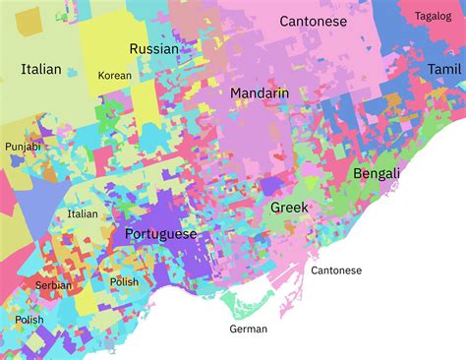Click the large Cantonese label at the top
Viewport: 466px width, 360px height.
pyautogui.click(x=313, y=21)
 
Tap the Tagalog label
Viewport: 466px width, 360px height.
pyautogui.click(x=433, y=16)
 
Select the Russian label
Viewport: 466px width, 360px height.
pyautogui.click(x=154, y=48)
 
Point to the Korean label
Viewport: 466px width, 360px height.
pyautogui.click(x=114, y=75)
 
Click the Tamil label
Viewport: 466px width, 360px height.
pyautogui.click(x=443, y=69)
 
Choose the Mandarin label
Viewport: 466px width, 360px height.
pyautogui.click(x=260, y=92)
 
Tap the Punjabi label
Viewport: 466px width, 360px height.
pyautogui.click(x=23, y=147)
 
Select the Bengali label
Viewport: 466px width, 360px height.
pyautogui.click(x=377, y=173)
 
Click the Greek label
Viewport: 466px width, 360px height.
pyautogui.click(x=289, y=208)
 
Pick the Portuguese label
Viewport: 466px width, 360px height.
pyautogui.click(x=160, y=234)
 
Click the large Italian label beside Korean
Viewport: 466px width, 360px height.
pyautogui.click(x=40, y=69)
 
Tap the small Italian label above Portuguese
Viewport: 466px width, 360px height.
pyautogui.click(x=83, y=213)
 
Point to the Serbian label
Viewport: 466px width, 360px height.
pyautogui.click(x=53, y=284)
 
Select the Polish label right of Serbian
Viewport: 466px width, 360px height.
pyautogui.click(x=124, y=281)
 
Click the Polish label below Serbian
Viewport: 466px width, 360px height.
pyautogui.click(x=29, y=320)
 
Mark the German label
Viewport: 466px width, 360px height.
pyautogui.click(x=248, y=329)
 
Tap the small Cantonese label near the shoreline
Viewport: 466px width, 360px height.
pyautogui.click(x=336, y=270)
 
